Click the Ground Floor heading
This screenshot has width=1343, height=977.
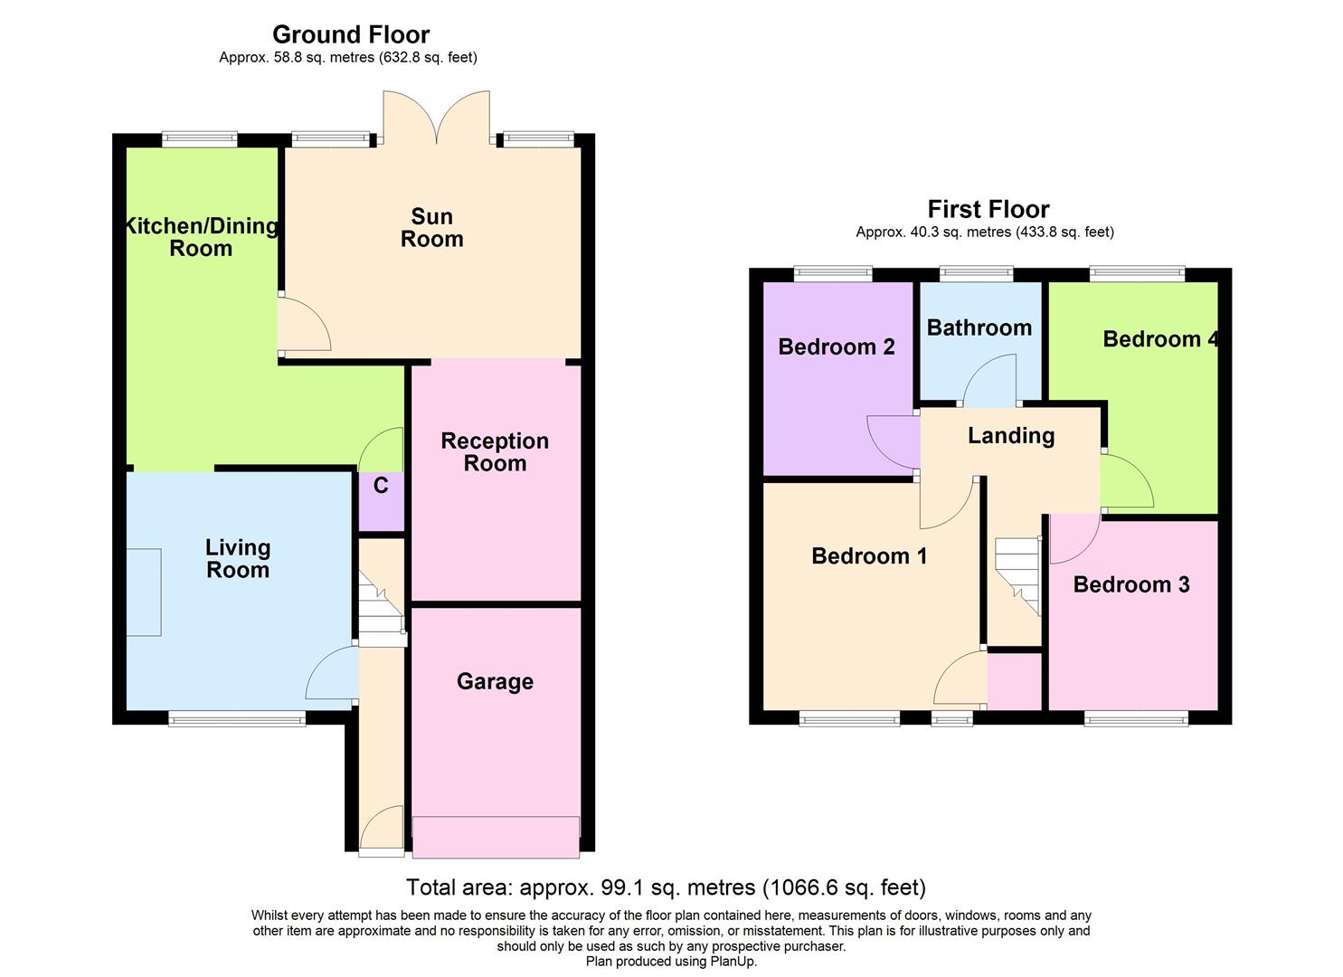(351, 34)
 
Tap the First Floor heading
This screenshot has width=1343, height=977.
(988, 209)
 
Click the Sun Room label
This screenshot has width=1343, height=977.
(431, 228)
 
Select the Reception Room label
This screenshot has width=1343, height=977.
(495, 451)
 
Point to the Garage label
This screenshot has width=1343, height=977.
(495, 681)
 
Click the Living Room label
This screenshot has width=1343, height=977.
(238, 558)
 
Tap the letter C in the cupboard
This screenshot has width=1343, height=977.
(381, 486)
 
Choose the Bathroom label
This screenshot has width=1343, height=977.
(979, 327)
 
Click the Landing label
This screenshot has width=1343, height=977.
(1011, 435)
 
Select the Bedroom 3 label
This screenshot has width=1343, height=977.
(1130, 584)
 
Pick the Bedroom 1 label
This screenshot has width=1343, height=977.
(869, 555)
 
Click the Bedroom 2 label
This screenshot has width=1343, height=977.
(836, 346)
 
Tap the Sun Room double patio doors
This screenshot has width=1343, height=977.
(437, 118)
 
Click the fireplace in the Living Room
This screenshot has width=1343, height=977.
(144, 592)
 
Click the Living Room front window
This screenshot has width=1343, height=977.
(237, 720)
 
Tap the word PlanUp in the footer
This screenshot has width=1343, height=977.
(732, 962)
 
